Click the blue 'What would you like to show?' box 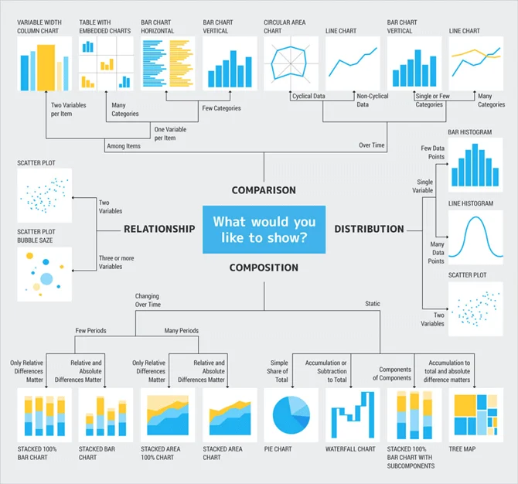(x=264, y=230)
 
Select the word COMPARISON (x=264, y=190)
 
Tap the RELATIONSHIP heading (x=159, y=229)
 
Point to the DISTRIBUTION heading (x=369, y=229)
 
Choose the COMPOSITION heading (x=264, y=268)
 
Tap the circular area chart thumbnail (x=291, y=64)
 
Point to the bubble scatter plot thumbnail (x=44, y=274)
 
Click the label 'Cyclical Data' (x=308, y=97)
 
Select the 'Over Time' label (x=371, y=145)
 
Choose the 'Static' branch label (x=373, y=304)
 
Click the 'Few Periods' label (x=90, y=331)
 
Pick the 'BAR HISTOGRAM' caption (x=469, y=132)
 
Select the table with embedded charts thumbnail (x=106, y=64)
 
